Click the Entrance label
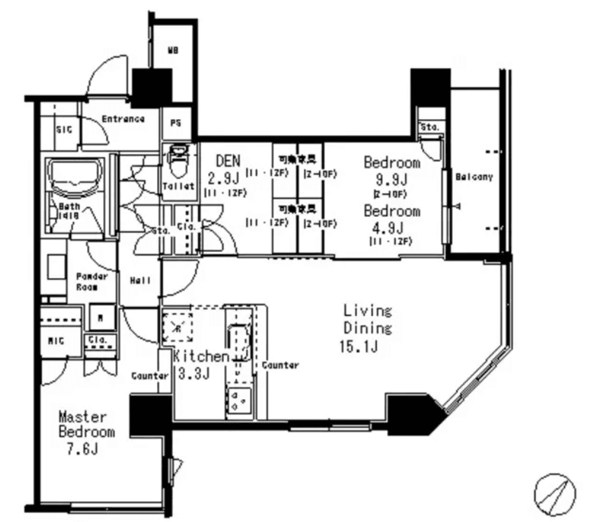click(123, 119)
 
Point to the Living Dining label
click(367, 319)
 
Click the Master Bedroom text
click(86, 424)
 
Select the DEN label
click(225, 160)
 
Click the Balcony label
click(474, 177)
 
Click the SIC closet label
click(65, 129)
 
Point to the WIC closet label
click(57, 341)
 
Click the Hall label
click(141, 281)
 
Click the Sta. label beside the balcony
click(431, 128)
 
